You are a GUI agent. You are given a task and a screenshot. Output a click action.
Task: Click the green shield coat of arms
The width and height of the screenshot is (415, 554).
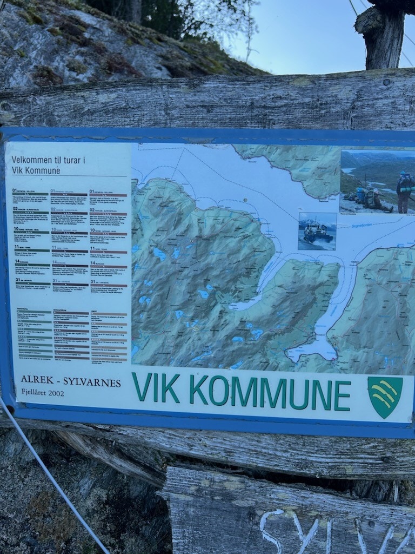(x=385, y=397)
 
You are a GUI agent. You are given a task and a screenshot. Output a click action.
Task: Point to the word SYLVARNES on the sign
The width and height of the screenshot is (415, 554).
(x=92, y=382)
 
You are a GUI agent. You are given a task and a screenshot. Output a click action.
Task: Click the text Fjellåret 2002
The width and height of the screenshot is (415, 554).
(x=42, y=393)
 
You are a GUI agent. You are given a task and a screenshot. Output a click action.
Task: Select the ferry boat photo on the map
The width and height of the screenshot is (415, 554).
(x=317, y=231)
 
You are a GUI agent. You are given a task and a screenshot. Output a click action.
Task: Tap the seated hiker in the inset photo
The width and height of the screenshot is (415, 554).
(x=372, y=199)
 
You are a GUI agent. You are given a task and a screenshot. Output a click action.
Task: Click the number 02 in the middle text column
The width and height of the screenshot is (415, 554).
(x=54, y=209)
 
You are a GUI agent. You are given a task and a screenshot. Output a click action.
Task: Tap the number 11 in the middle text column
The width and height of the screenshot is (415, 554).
(x=54, y=248)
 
